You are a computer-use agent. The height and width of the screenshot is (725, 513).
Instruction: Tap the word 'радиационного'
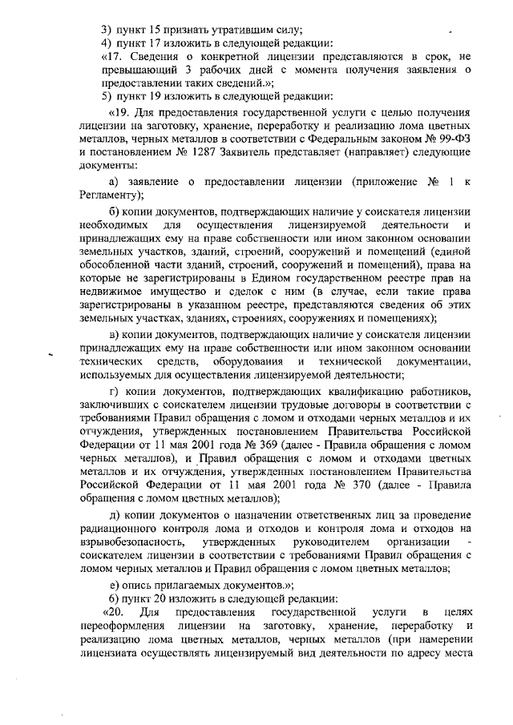pos(119,544)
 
